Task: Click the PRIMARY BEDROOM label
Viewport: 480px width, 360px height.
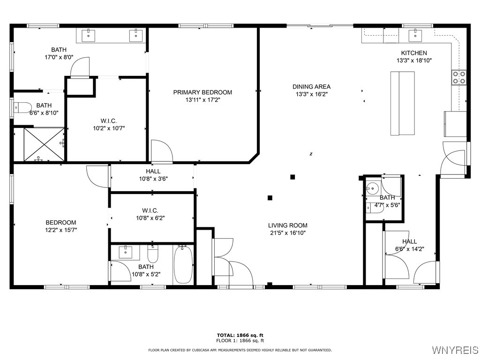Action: [202, 92]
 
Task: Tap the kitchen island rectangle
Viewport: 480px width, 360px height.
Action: [403, 103]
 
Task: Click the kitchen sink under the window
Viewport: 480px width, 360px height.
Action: [415, 35]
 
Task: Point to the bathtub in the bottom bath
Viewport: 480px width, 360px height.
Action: [183, 265]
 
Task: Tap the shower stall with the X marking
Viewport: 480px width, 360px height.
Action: [44, 144]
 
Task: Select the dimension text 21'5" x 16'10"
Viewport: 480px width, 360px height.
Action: [287, 232]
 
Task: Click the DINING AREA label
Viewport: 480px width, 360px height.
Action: [311, 87]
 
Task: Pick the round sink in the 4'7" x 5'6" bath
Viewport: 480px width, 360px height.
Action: [373, 188]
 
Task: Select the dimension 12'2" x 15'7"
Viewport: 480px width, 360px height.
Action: [61, 230]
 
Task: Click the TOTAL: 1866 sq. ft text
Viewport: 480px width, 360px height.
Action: [240, 335]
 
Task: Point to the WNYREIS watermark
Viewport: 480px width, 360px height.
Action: [454, 350]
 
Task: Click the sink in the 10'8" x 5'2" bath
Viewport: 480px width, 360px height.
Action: [126, 252]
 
